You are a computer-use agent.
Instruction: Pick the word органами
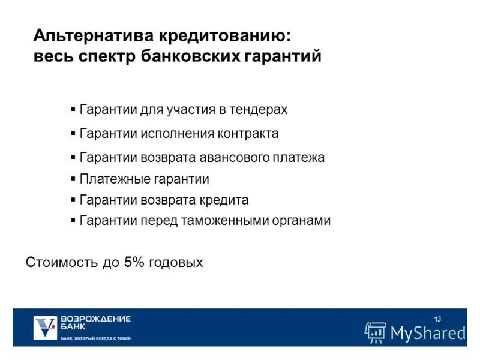point(304,220)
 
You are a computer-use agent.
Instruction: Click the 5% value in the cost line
point(131,262)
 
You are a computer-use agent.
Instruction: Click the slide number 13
point(437,318)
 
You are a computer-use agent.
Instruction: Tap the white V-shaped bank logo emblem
point(46,328)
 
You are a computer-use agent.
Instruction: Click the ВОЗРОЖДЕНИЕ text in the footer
point(96,319)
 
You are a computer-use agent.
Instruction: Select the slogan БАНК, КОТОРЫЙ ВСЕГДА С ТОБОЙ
point(96,338)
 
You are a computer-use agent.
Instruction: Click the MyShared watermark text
point(427,332)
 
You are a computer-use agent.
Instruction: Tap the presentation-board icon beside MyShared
point(376,332)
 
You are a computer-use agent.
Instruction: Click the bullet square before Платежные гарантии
point(73,179)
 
